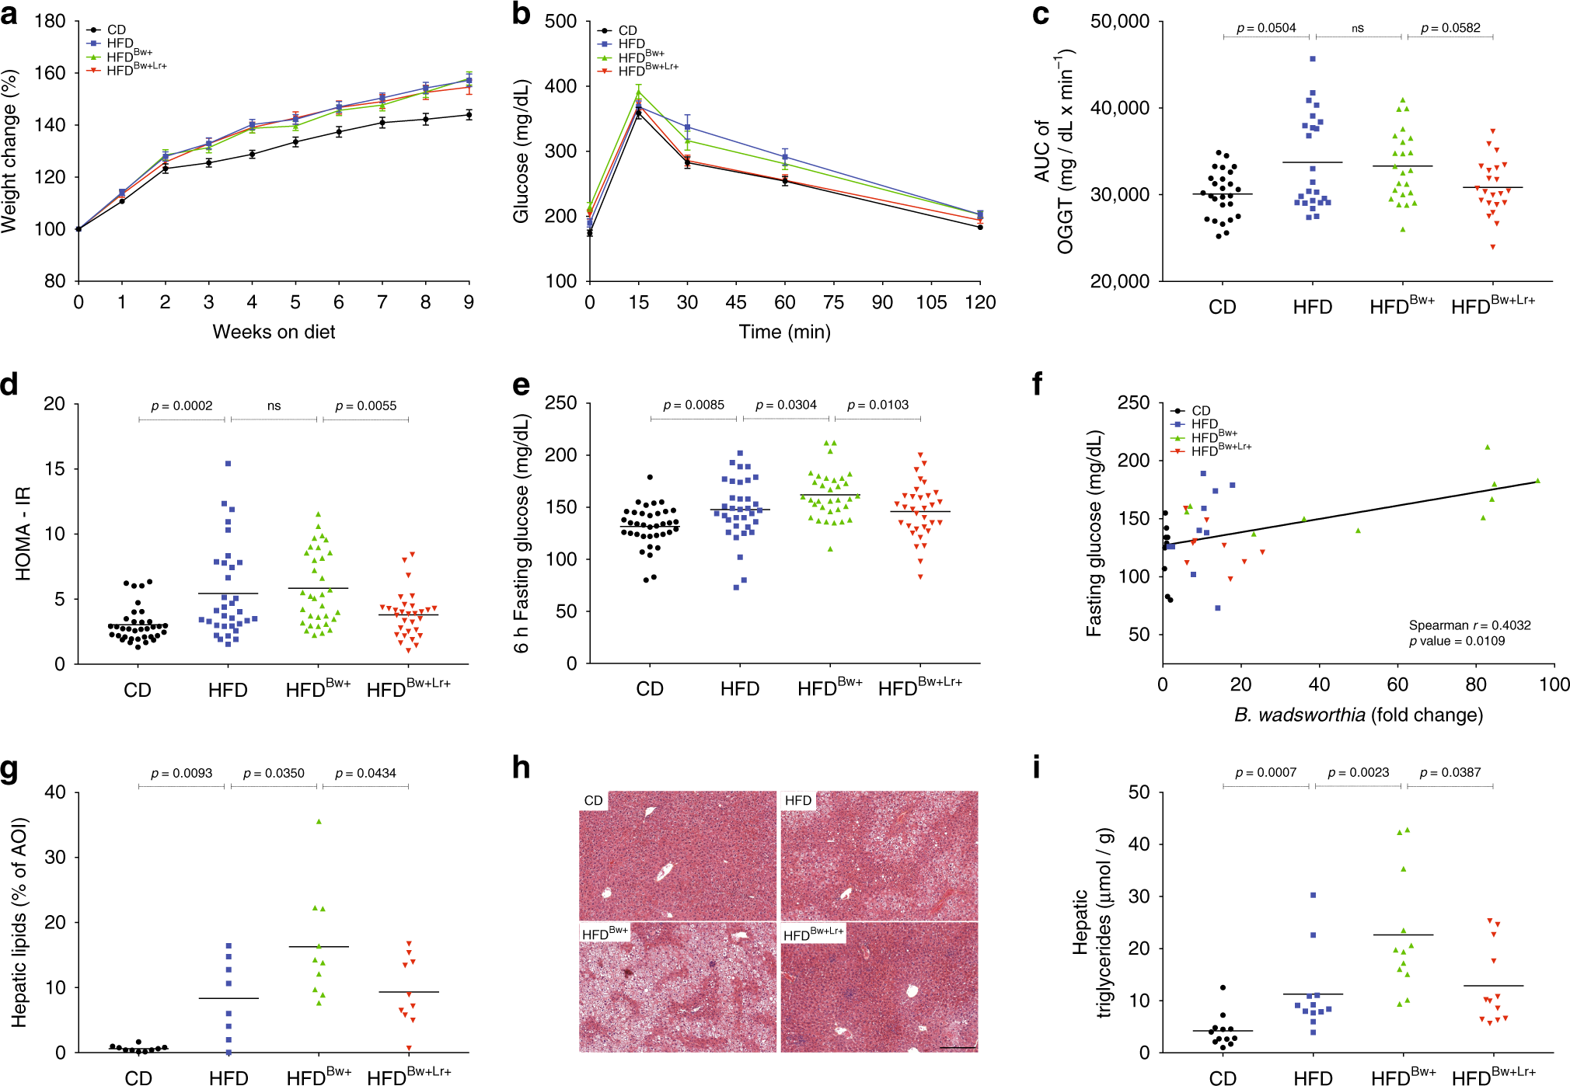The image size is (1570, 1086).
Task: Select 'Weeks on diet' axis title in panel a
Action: point(274,332)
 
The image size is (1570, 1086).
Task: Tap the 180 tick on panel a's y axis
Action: point(50,21)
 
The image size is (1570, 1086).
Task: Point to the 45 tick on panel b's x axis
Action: point(736,302)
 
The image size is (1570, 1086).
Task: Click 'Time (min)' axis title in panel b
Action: point(784,332)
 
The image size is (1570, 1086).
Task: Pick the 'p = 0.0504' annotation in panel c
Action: point(1266,28)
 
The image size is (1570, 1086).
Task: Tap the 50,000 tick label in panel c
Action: point(1119,21)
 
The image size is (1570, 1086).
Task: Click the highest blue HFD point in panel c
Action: point(1313,58)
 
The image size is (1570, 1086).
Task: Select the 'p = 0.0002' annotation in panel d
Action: point(181,406)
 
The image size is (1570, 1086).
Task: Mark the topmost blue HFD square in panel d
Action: point(229,464)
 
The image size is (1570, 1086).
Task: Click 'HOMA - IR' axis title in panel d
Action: point(23,534)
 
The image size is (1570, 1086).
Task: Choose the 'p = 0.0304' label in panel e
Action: point(786,405)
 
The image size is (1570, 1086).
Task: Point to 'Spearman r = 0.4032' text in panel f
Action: point(1469,625)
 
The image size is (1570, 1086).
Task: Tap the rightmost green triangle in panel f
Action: point(1537,481)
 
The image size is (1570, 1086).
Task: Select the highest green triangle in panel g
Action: point(319,821)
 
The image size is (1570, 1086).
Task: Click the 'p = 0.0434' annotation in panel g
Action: point(365,773)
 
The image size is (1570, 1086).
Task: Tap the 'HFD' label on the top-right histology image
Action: point(798,800)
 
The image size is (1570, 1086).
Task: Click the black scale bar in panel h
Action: point(958,1047)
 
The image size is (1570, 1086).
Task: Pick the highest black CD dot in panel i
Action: point(1223,987)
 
